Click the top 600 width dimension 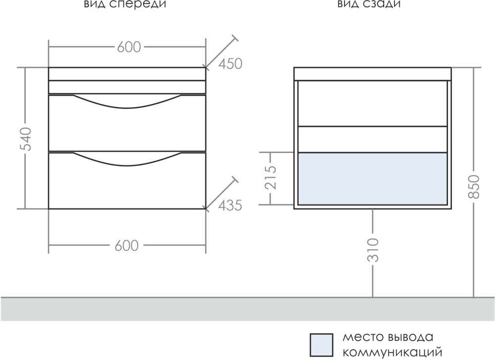click(x=129, y=47)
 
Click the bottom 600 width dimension click(x=127, y=246)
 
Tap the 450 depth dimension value click(x=231, y=64)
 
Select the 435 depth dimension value click(x=231, y=206)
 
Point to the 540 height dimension click(x=26, y=139)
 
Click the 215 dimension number click(x=270, y=177)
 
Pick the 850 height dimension click(x=474, y=186)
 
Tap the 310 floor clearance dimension click(x=373, y=250)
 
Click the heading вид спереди click(x=125, y=4)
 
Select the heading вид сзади click(x=369, y=4)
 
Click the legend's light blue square click(x=321, y=345)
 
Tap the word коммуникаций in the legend click(x=393, y=352)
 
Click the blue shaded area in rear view click(x=373, y=179)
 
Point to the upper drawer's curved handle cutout click(x=127, y=102)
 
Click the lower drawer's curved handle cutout click(x=127, y=159)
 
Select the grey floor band click(x=247, y=309)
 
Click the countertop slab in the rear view click(x=373, y=74)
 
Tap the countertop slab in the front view click(x=127, y=74)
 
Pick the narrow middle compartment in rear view click(x=373, y=140)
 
